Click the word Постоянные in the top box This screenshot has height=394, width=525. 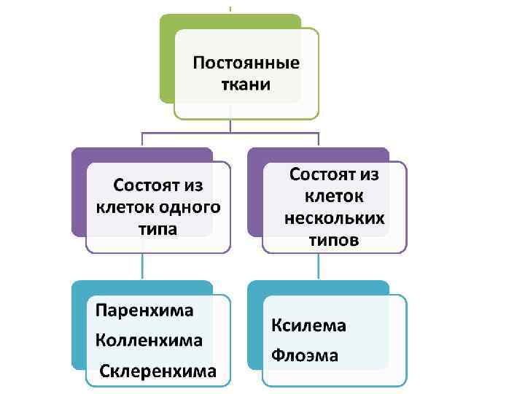click(246, 62)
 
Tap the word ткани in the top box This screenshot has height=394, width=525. click(246, 84)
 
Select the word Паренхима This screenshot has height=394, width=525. click(144, 310)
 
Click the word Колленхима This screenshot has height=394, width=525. click(149, 340)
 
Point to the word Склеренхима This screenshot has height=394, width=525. click(158, 371)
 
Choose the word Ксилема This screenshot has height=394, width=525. click(308, 325)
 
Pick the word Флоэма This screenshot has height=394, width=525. click(305, 356)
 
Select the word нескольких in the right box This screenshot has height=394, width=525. click(335, 218)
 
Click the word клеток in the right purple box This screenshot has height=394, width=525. click(334, 196)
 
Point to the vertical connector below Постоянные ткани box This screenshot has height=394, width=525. click(230, 125)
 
